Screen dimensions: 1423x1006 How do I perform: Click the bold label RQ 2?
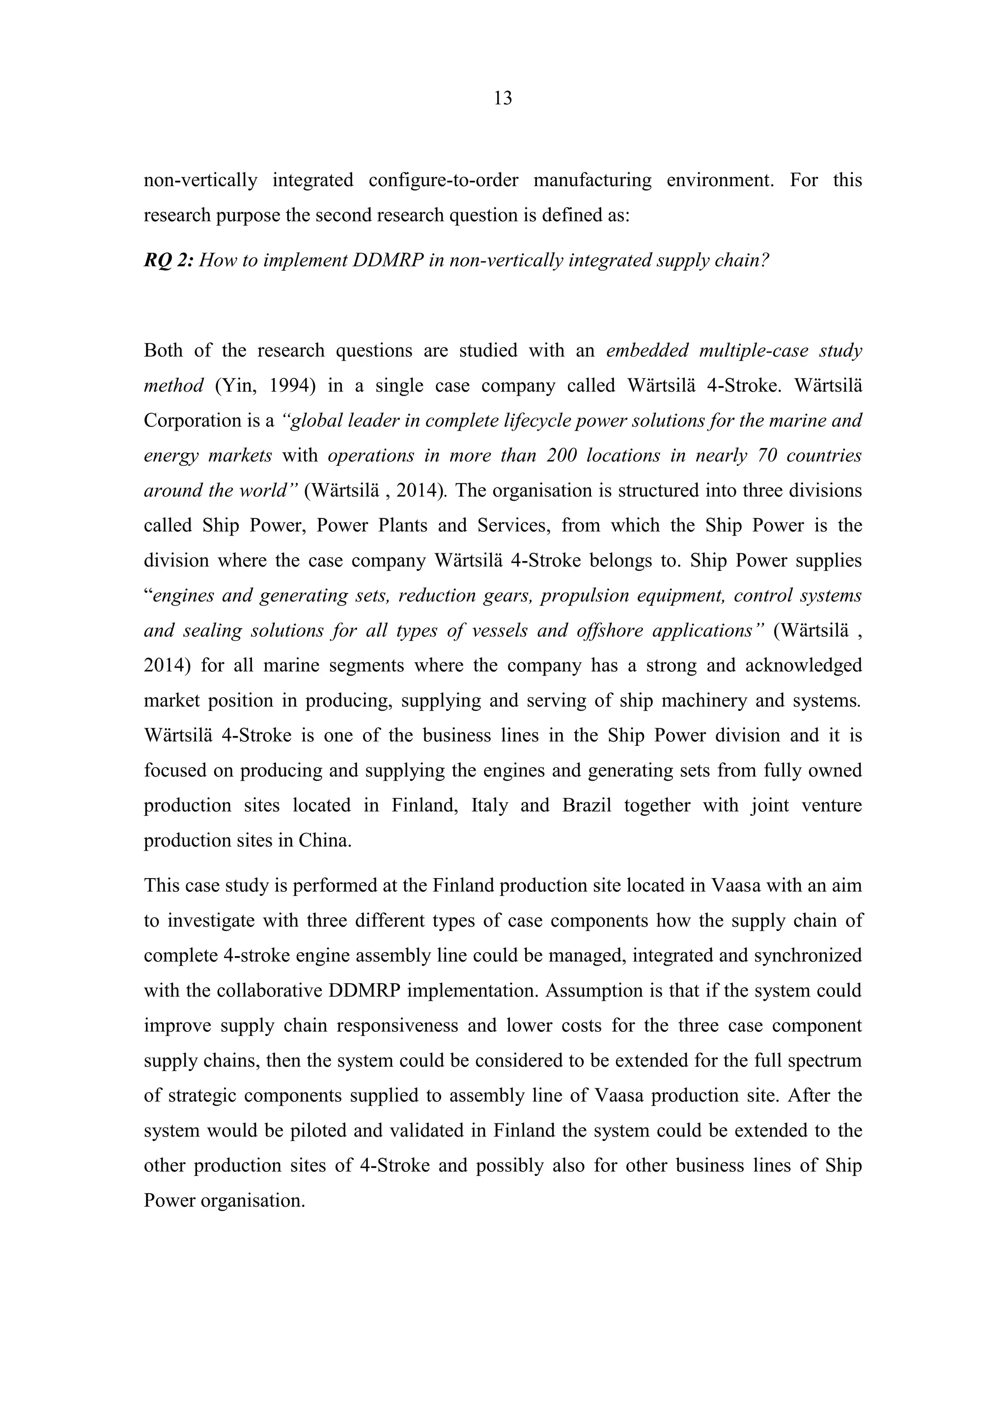click(168, 260)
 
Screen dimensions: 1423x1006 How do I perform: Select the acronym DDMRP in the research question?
click(387, 260)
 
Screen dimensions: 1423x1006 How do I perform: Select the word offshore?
click(611, 630)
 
